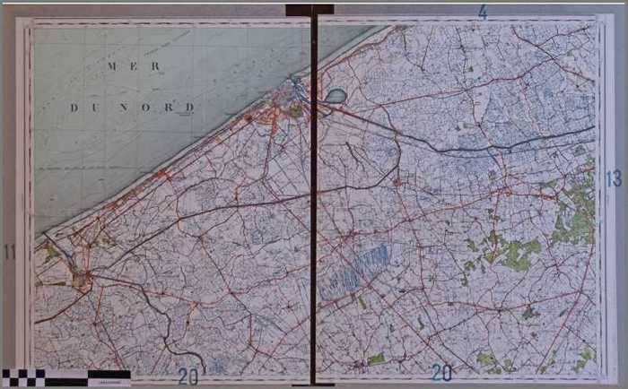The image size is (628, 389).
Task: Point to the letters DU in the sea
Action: tap(84, 108)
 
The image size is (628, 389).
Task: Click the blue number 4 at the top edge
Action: tap(483, 12)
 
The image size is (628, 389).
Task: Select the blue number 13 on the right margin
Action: tap(614, 179)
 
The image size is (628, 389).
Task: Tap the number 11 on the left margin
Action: tap(10, 252)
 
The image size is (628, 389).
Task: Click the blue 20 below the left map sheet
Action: tap(188, 376)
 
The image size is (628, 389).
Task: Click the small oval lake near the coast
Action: tap(336, 95)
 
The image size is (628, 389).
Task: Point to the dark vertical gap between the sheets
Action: tap(314, 224)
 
